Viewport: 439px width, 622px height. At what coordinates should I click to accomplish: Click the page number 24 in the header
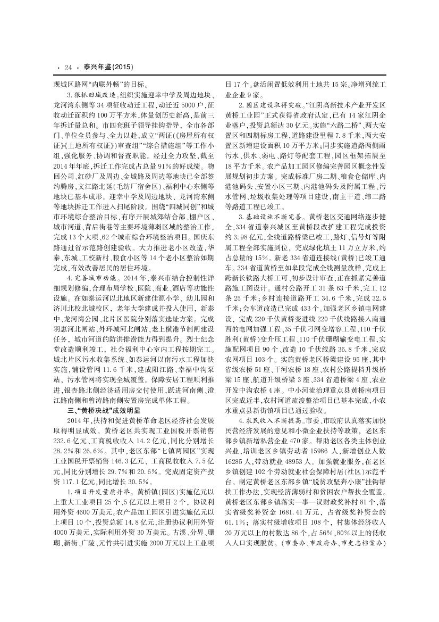(67, 68)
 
